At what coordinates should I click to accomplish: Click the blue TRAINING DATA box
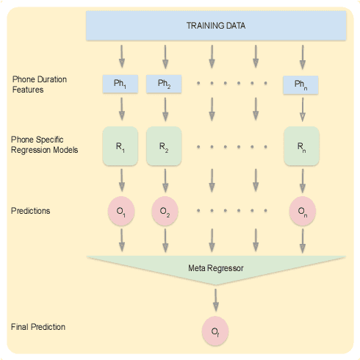pyautogui.click(x=216, y=26)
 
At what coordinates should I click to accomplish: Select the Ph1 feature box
pyautogui.click(x=120, y=84)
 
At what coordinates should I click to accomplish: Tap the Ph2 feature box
pyautogui.click(x=164, y=84)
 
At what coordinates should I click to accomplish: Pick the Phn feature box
pyautogui.click(x=300, y=85)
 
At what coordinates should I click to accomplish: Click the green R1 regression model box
pyautogui.click(x=120, y=146)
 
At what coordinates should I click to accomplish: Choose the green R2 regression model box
pyautogui.click(x=164, y=146)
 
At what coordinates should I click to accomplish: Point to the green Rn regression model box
pyautogui.click(x=300, y=146)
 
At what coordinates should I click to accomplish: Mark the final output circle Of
pyautogui.click(x=215, y=331)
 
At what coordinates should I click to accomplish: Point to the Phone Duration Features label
pyautogui.click(x=37, y=84)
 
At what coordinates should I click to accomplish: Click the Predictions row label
pyautogui.click(x=32, y=211)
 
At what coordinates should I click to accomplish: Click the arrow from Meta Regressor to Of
pyautogui.click(x=215, y=298)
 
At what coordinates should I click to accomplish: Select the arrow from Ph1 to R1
pyautogui.click(x=121, y=109)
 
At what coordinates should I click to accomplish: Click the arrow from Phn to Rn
pyautogui.click(x=301, y=109)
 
